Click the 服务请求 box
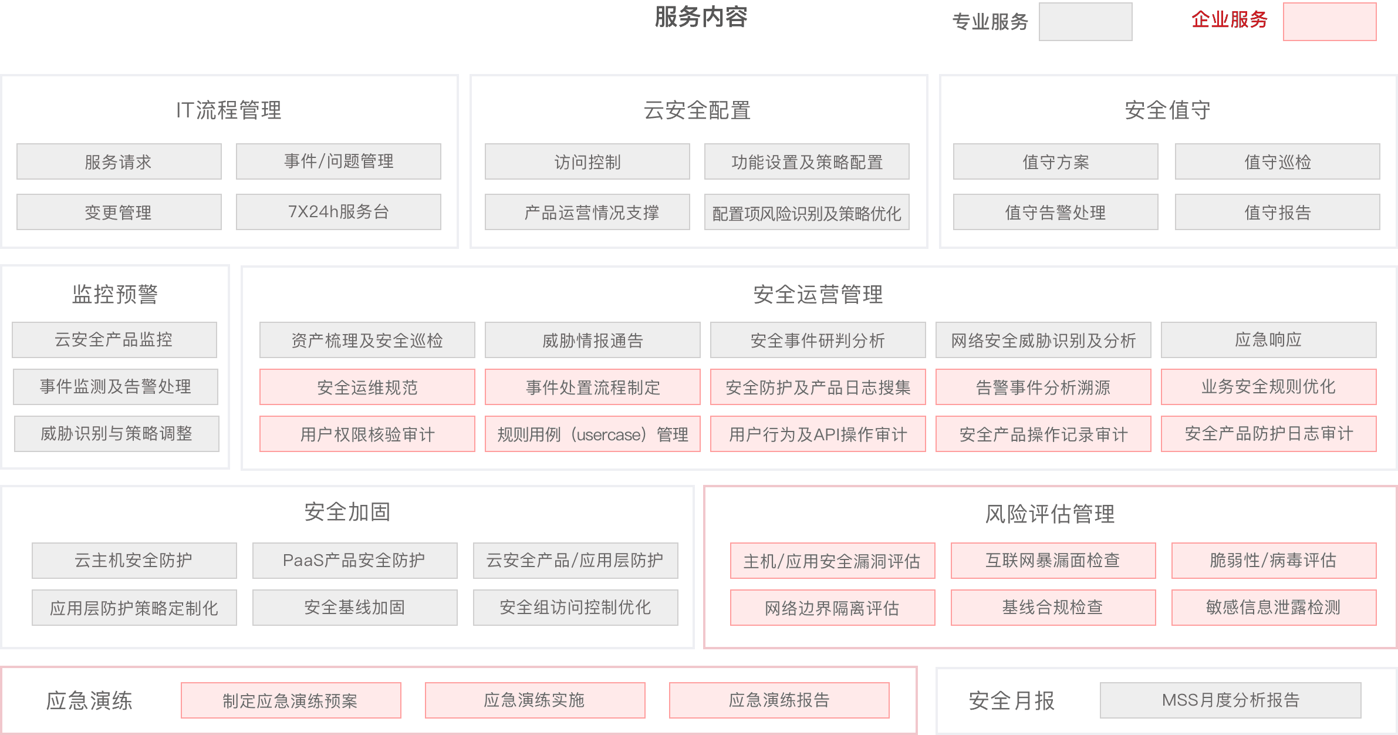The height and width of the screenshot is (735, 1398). pos(119,161)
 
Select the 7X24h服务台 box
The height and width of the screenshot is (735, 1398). pos(338,212)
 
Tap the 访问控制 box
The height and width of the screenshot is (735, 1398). pos(587,161)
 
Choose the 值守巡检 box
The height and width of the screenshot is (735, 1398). pos(1277,161)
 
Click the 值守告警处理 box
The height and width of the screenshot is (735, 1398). pos(1055,212)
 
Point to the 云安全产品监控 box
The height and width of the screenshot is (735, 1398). pos(114,339)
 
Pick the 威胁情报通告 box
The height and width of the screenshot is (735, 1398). pos(592,340)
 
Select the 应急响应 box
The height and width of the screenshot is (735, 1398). pos(1268,340)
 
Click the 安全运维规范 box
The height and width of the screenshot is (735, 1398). pos(367,387)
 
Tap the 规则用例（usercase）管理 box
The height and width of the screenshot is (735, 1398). pos(592,434)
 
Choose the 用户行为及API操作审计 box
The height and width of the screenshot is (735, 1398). pos(818,434)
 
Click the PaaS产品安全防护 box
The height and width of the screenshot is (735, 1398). pos(354,560)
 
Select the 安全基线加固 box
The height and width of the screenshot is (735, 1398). pos(354,607)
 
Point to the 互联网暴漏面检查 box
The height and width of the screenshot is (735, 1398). pos(1053,560)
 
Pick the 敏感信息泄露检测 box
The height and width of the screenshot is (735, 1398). pos(1274,607)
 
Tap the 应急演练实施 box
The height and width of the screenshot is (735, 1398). pos(535,700)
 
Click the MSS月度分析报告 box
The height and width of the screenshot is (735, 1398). pos(1230,700)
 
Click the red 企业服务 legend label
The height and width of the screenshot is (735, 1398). pos(1229,21)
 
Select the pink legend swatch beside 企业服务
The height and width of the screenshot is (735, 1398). pos(1329,22)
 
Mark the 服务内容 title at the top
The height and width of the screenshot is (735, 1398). pos(700,17)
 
